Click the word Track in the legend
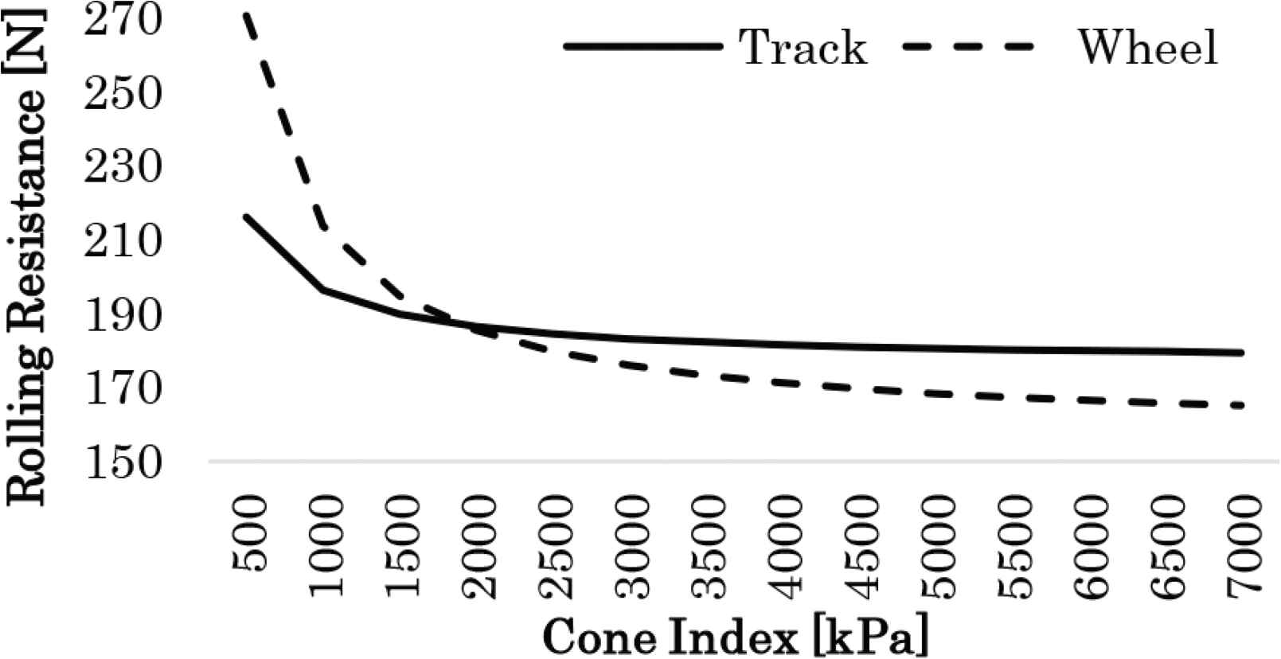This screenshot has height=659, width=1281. (803, 47)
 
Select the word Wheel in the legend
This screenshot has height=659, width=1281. (1147, 47)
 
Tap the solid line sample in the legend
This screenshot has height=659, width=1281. (642, 47)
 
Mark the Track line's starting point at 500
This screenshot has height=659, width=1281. (248, 216)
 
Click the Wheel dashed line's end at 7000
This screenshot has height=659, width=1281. (1241, 406)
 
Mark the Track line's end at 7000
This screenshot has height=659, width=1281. (1241, 353)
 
